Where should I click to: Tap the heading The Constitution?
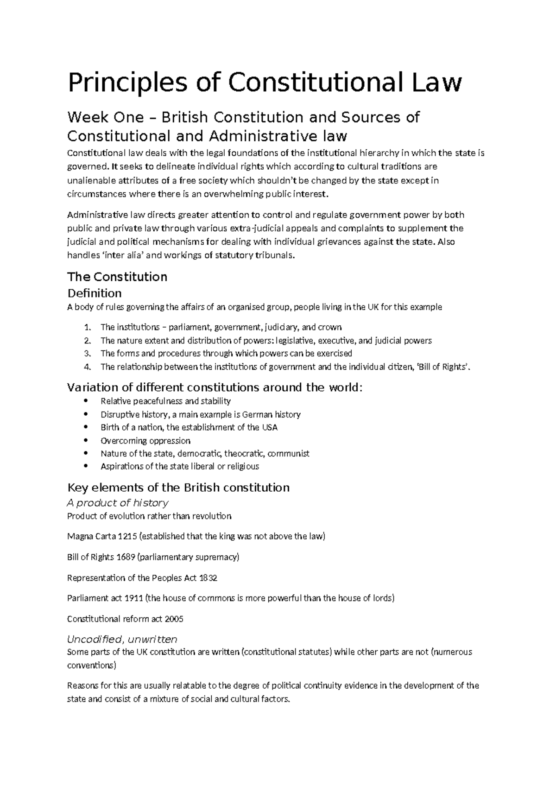117,277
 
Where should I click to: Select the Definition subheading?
95,293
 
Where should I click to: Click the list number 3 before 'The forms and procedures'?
88,354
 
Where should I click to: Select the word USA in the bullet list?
270,427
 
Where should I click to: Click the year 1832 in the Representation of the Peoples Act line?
208,578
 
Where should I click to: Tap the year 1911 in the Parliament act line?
134,598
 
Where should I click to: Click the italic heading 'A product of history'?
118,503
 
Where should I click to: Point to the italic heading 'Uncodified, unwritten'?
122,640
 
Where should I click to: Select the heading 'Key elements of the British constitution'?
178,488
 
